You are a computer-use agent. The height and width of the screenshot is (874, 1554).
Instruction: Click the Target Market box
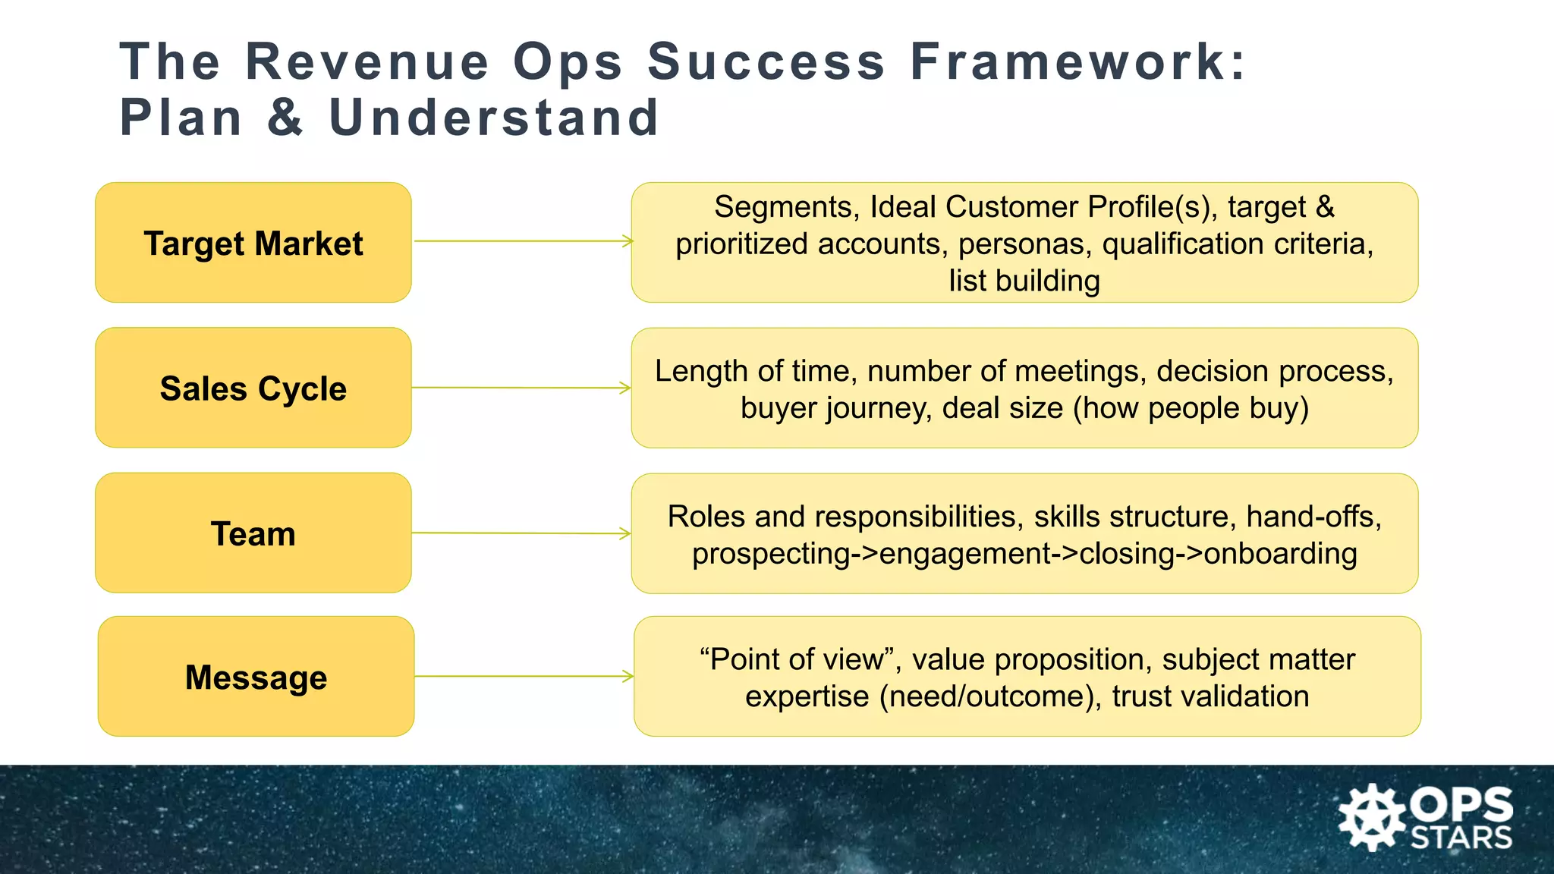click(253, 243)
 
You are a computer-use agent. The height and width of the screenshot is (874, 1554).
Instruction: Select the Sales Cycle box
click(253, 388)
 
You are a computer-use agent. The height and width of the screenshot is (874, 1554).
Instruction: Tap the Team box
click(253, 533)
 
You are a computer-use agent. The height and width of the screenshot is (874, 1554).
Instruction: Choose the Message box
click(256, 677)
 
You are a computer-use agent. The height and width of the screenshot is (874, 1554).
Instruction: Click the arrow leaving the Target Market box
click(523, 241)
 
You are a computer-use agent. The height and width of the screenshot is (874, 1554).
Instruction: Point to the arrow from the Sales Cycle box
click(521, 388)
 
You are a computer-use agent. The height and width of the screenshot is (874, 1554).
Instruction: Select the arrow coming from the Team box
click(521, 533)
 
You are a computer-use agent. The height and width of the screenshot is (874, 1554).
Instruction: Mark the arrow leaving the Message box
click(524, 676)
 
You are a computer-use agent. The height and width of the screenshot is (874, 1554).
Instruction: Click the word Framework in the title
click(1077, 61)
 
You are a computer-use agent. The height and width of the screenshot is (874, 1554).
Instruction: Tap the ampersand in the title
click(285, 118)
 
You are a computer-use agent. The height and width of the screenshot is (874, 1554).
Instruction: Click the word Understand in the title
click(494, 118)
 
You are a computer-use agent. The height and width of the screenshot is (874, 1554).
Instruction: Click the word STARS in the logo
click(1461, 838)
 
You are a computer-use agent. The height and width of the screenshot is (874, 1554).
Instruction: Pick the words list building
click(1024, 281)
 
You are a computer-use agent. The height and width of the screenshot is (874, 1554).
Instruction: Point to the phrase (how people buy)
click(1191, 408)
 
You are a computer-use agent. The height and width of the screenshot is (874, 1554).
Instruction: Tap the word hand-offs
click(1313, 517)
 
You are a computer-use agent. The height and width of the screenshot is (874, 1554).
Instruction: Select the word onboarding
click(1280, 554)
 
